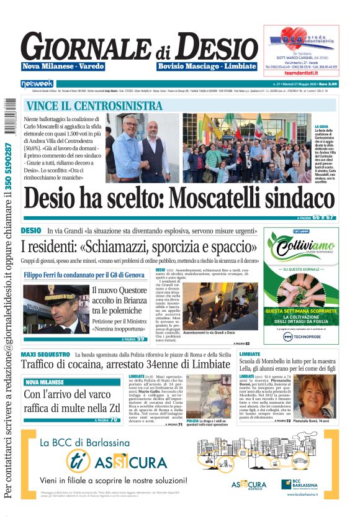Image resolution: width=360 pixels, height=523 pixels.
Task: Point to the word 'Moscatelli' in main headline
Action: pos(208,198)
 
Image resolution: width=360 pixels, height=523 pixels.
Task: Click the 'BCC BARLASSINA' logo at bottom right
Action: pos(304,484)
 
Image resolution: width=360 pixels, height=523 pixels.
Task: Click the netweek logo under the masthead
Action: pos(37,83)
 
